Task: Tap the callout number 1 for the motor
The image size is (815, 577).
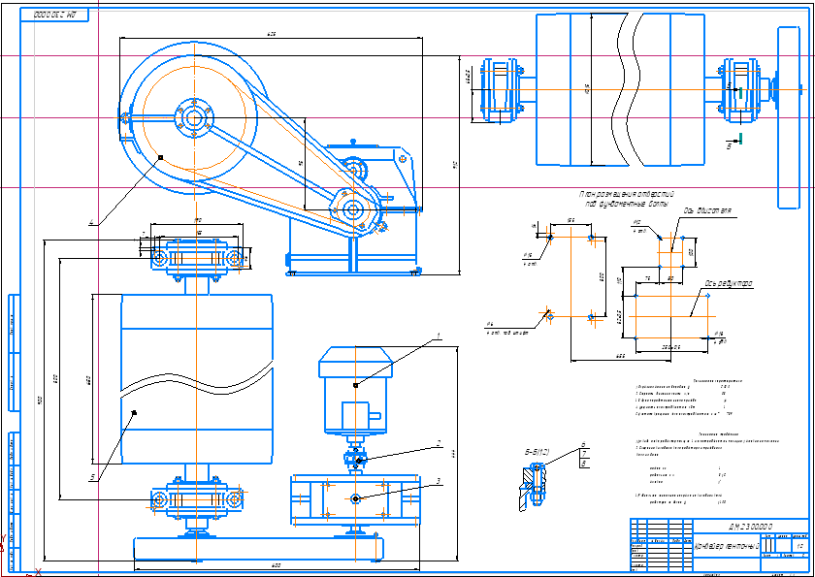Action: point(438,337)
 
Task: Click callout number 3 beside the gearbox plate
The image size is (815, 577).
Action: point(439,480)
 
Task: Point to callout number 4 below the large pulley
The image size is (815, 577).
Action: point(93,222)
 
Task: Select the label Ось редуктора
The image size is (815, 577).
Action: point(729,284)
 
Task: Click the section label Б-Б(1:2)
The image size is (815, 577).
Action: point(538,451)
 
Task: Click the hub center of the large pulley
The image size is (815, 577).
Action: point(193,118)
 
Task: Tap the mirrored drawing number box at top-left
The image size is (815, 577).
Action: point(54,16)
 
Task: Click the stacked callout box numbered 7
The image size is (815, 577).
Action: point(583,455)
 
